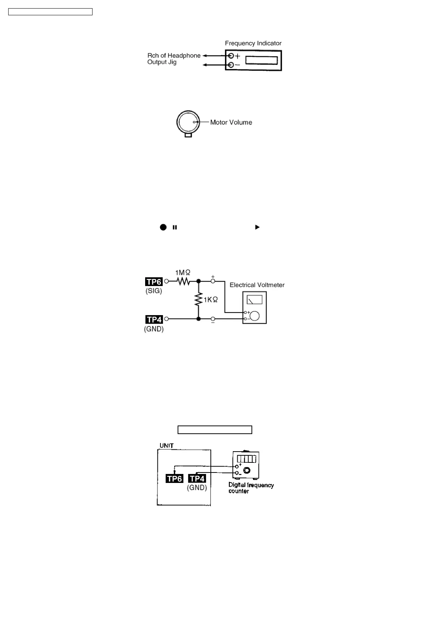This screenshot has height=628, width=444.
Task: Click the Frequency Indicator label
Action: pos(253,43)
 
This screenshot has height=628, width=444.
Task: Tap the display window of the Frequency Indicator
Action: pos(262,60)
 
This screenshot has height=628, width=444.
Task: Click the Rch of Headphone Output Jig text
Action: pos(173,59)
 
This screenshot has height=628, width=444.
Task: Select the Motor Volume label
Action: pos(231,122)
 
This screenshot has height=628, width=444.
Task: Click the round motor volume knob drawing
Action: pos(188,122)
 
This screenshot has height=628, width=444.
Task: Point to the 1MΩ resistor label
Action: pos(183,273)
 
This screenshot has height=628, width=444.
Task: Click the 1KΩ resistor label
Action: pos(210,299)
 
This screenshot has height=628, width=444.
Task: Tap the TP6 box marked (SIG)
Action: pos(154,282)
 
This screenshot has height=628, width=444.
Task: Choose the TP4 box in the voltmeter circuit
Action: pos(154,319)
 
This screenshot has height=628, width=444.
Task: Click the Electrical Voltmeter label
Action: pos(257,285)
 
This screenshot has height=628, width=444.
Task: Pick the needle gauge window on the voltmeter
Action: pos(254,299)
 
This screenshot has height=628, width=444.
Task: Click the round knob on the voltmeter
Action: pos(255,316)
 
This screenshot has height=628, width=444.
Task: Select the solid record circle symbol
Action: pos(163,227)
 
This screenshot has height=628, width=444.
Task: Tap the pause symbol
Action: pos(175,227)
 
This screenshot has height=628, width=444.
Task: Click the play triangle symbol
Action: pos(257,227)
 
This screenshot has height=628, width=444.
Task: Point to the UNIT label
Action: pos(166,445)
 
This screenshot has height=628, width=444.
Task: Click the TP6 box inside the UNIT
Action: pos(174,478)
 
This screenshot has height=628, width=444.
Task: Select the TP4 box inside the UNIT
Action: pos(197,478)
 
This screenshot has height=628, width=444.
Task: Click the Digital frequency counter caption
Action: pos(251,488)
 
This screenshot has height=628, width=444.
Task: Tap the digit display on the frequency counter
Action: pos(247,459)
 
